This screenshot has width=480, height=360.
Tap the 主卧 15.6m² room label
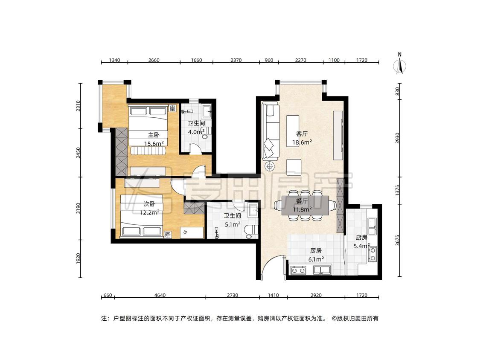click(154, 139)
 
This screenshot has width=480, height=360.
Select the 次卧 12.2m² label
click(150, 208)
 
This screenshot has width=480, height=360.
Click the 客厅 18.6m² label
click(302, 138)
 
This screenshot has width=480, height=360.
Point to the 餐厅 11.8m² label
click(302, 205)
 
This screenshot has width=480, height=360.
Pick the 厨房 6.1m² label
click(316, 255)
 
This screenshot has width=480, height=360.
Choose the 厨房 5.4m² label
click(361, 241)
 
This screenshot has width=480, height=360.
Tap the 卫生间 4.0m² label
click(196, 128)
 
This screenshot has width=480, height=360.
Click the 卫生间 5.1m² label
click(233, 220)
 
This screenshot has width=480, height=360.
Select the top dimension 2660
click(154, 60)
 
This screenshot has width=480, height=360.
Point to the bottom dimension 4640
click(160, 295)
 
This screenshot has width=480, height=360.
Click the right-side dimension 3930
click(397, 138)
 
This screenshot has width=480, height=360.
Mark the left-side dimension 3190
click(79, 209)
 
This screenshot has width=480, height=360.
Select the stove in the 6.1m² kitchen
click(298, 270)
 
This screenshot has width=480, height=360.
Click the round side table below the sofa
click(270, 166)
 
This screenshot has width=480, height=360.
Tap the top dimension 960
click(269, 60)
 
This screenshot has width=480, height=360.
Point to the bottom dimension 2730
click(233, 295)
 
